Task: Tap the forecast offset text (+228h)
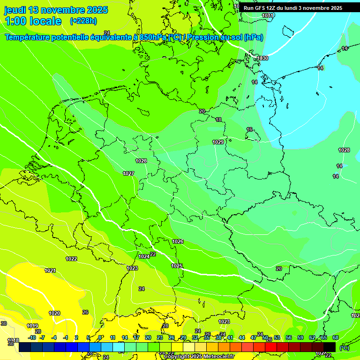[x=83, y=21]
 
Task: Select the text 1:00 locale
[x=33, y=21]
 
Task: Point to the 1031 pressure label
[x=268, y=15]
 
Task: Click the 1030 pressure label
[x=262, y=58]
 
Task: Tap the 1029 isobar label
[x=218, y=142]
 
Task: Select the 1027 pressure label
[x=128, y=173]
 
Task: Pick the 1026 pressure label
[x=178, y=241]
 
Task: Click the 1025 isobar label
[x=177, y=266]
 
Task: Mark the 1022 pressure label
[x=71, y=259]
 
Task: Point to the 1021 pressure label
[x=50, y=270]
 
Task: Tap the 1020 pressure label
[x=54, y=313]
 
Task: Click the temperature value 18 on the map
[x=218, y=120]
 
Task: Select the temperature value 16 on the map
[x=249, y=129]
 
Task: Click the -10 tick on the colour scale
[x=32, y=337]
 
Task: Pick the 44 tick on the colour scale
[x=242, y=337]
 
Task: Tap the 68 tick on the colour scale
[x=336, y=337]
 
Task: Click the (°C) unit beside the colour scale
[x=345, y=348]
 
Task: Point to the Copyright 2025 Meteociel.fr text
[x=199, y=356]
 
